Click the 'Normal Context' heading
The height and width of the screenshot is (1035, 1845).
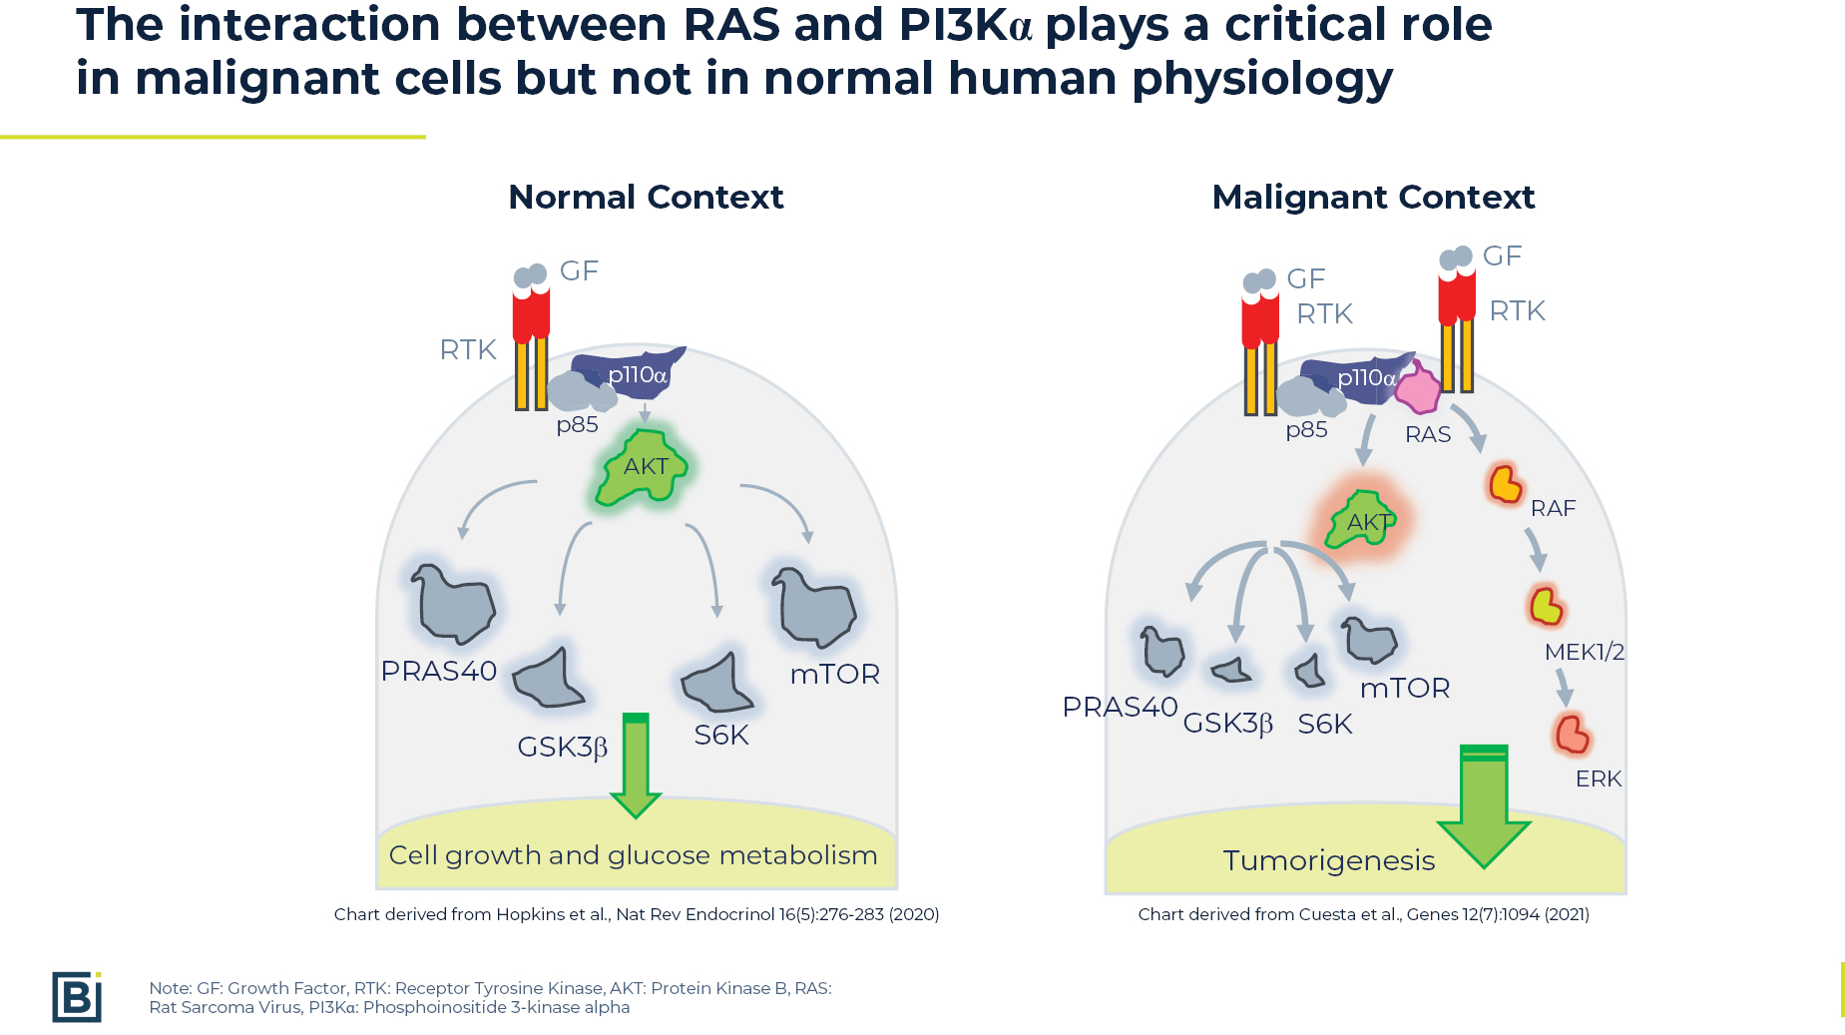click(x=646, y=197)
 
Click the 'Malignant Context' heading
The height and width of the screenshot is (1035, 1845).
click(x=1373, y=197)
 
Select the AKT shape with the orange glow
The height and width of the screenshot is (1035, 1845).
click(x=1361, y=520)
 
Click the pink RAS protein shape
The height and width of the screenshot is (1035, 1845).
click(x=1418, y=387)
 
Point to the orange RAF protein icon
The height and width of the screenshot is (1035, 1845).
click(x=1505, y=484)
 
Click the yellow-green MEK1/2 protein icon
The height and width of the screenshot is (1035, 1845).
click(x=1546, y=605)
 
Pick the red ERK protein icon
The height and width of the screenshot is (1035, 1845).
click(x=1572, y=734)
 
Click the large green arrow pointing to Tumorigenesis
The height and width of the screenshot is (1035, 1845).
click(x=1484, y=805)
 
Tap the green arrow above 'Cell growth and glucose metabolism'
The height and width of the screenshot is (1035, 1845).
click(x=636, y=766)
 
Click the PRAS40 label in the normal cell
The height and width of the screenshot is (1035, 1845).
click(x=438, y=671)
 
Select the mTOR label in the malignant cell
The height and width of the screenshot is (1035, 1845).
click(x=1405, y=688)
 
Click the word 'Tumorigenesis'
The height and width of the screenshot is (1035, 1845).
click(x=1329, y=860)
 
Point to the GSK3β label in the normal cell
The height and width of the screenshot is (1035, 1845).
click(x=562, y=747)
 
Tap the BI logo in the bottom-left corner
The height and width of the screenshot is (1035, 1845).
click(x=77, y=996)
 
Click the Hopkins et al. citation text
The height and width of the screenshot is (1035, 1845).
click(x=637, y=914)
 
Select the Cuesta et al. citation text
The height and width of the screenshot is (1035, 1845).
click(x=1363, y=914)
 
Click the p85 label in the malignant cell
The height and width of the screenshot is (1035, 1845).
click(x=1306, y=430)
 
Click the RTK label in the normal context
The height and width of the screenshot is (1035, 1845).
click(x=468, y=349)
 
